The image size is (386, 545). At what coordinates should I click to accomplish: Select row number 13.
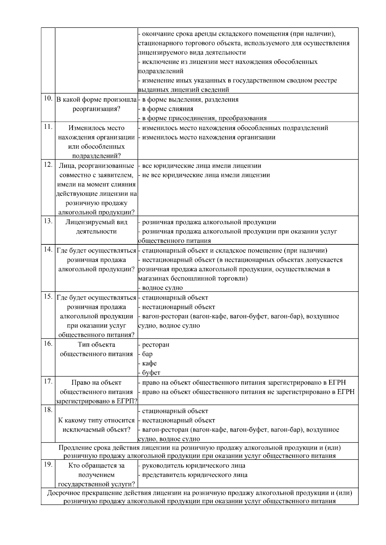(x=48, y=221)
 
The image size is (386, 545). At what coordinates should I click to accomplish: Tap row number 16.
(x=48, y=344)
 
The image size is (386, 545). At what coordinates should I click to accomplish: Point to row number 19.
(x=48, y=465)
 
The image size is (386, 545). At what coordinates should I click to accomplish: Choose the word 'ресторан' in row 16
(x=155, y=345)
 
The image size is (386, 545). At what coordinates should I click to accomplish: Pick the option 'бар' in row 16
(x=147, y=354)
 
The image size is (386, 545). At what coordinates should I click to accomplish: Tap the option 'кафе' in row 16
(x=149, y=363)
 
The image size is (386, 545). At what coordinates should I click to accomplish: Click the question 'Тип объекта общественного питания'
(x=96, y=349)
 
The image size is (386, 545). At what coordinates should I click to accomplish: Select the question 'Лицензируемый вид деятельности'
(x=96, y=227)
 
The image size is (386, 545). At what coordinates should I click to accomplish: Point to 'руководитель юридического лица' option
(x=193, y=465)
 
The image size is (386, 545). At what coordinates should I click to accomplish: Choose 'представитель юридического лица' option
(x=195, y=475)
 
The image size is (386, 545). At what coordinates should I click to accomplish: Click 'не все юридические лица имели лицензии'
(x=206, y=175)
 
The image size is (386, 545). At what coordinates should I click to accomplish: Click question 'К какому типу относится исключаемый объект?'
(x=96, y=425)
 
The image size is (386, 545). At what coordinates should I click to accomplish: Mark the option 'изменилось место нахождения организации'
(x=208, y=137)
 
